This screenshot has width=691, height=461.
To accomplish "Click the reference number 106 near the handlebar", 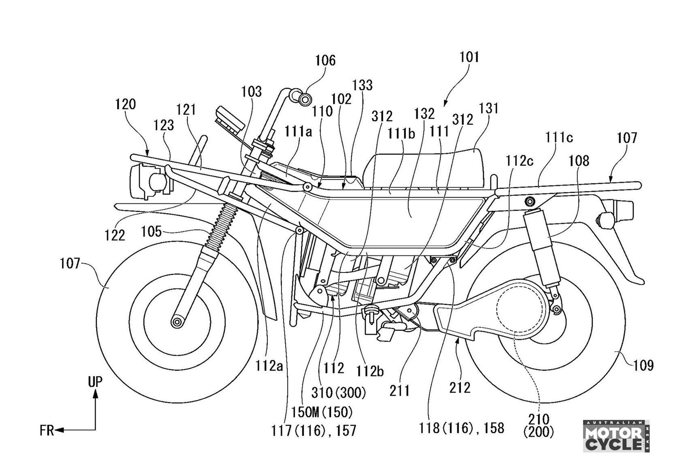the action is [x=325, y=61].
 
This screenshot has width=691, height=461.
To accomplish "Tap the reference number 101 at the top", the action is [x=469, y=57].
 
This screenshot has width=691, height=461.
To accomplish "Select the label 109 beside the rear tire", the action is [x=643, y=366].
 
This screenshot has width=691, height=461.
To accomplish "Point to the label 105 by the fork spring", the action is [x=151, y=231].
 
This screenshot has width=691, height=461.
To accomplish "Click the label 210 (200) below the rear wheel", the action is [x=539, y=425].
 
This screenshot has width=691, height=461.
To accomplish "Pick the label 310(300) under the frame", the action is [x=339, y=393].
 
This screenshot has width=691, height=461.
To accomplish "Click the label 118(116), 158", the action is [x=461, y=428].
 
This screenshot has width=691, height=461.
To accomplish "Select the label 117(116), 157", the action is [x=314, y=430].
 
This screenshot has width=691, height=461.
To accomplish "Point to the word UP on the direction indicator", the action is [x=95, y=382].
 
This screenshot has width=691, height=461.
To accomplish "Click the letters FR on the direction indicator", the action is [x=47, y=430].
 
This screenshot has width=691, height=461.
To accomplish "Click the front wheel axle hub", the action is [x=177, y=322].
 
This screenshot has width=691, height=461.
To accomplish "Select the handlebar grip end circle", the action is [x=306, y=98].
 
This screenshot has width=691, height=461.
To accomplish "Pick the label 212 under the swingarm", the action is [x=460, y=388].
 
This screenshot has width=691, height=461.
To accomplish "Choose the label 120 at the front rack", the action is [x=126, y=104].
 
